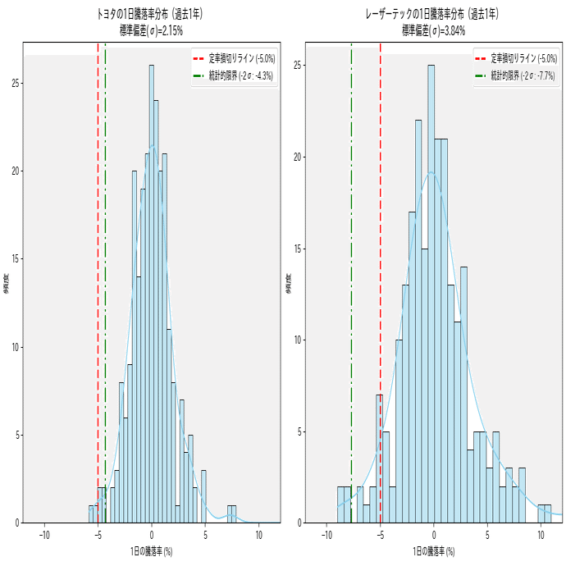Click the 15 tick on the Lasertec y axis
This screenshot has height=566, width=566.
pos(298,249)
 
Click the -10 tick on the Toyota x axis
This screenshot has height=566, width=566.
pos(44,535)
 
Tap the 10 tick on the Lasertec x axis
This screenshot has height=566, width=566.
pos(541,535)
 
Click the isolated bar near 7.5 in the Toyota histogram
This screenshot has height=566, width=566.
pos(231,514)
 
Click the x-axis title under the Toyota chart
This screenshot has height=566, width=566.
pos(151,551)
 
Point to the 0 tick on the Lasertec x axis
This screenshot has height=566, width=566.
pos(434,535)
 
